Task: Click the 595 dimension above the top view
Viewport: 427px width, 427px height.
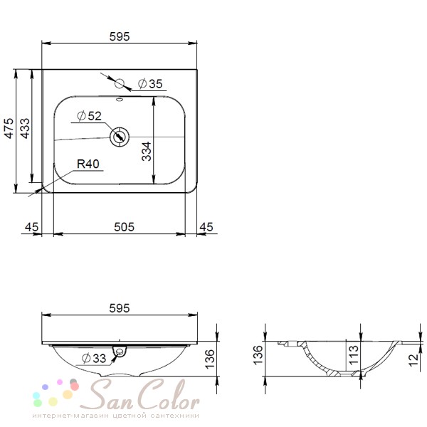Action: pos(120,36)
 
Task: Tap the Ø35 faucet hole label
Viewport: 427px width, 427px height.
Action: pos(150,83)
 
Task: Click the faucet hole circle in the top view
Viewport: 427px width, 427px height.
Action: pos(120,83)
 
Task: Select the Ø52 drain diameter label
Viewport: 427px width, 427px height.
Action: pos(90,116)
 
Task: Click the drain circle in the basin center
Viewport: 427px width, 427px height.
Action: pos(120,137)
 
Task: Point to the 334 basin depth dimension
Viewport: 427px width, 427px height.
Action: pos(146,152)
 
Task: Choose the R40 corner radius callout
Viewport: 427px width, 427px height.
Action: pos(88,164)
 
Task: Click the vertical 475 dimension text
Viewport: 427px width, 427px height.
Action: pos(9,128)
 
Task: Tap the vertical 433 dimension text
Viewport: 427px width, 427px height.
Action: pos(25,128)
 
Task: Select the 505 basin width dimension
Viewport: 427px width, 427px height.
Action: pos(124,227)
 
